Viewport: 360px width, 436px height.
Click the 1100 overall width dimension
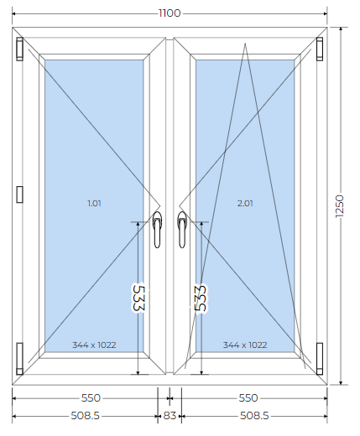click(x=170, y=13)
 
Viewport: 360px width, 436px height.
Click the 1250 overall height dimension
click(x=340, y=206)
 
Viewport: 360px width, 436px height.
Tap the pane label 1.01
click(x=94, y=203)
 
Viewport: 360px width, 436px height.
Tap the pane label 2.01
click(x=245, y=203)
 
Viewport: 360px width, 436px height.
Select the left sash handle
click(x=157, y=230)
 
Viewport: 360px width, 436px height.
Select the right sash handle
click(x=182, y=230)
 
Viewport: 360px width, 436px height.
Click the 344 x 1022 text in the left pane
click(x=94, y=345)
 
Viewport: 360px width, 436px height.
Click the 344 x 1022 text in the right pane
click(x=245, y=345)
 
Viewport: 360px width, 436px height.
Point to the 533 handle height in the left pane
click(x=138, y=298)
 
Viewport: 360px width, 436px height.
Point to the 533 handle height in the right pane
click(x=201, y=298)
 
